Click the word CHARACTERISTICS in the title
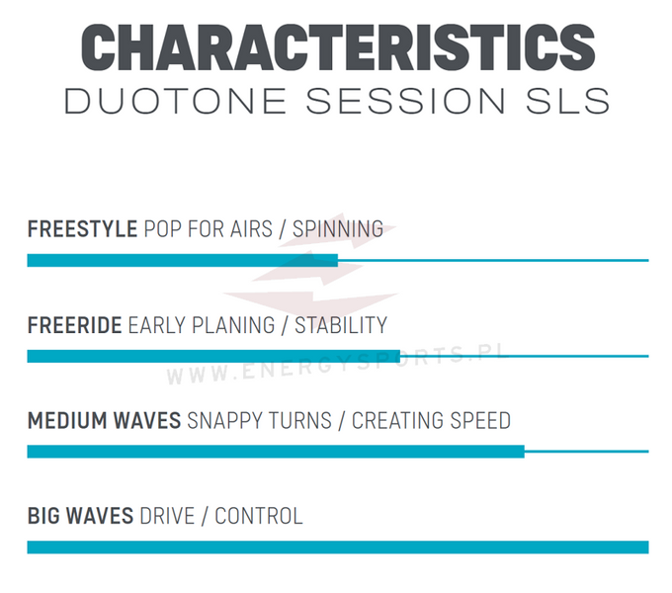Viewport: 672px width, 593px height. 336,46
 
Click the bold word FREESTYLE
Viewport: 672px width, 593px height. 82,229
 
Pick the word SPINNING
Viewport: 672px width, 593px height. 338,229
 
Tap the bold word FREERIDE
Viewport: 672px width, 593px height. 74,325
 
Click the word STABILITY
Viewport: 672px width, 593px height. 341,325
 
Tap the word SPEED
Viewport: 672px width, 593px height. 480,421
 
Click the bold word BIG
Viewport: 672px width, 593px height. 43,516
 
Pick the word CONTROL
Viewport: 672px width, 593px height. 259,516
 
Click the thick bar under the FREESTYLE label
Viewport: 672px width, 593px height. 182,261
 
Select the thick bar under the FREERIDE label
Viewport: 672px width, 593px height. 213,356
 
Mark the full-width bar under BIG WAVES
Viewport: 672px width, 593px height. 337,547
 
